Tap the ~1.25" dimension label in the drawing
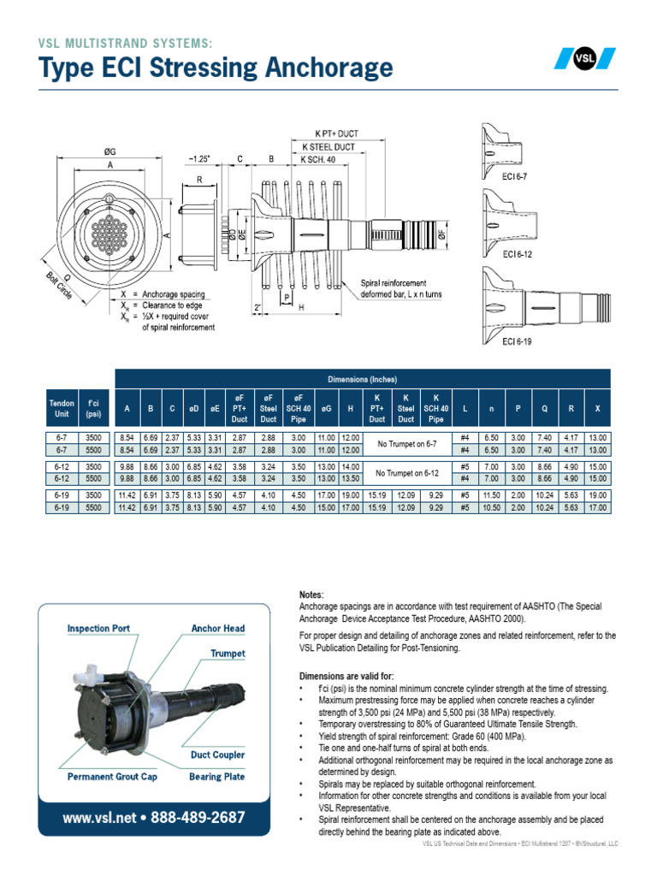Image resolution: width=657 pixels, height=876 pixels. point(199,159)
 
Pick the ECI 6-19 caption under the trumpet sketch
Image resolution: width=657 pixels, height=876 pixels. point(518,342)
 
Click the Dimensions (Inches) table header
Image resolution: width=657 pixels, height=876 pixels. point(362,379)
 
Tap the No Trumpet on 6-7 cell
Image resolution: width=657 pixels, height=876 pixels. point(406,443)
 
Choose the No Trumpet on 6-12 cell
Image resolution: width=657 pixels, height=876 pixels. point(406,473)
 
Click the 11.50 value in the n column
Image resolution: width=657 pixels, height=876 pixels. point(491,495)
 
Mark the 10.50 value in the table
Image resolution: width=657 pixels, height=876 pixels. point(491,507)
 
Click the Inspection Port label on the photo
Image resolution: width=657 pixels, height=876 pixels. point(98,628)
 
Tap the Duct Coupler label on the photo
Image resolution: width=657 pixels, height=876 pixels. point(216,755)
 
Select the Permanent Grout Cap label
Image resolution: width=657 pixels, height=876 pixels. point(113,777)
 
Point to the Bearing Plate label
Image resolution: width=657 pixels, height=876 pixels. point(216,777)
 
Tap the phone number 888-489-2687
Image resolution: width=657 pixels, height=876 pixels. point(197,818)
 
